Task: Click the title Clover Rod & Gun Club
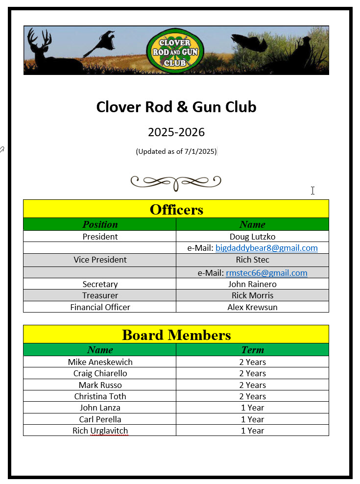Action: click(176, 107)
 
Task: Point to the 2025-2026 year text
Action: click(176, 132)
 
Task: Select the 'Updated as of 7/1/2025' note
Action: click(176, 151)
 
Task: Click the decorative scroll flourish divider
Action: click(176, 182)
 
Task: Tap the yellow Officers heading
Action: click(176, 209)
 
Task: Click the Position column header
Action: click(100, 224)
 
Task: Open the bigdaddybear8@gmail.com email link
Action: click(266, 248)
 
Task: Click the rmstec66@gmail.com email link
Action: click(266, 273)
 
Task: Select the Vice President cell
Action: click(100, 260)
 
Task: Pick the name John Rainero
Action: click(252, 284)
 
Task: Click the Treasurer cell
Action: click(100, 295)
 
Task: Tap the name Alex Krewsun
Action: click(252, 307)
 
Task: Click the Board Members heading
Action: click(176, 335)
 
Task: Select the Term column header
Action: click(252, 350)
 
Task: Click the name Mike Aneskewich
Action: click(100, 362)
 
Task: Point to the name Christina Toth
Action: click(100, 396)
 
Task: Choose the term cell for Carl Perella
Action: click(252, 419)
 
